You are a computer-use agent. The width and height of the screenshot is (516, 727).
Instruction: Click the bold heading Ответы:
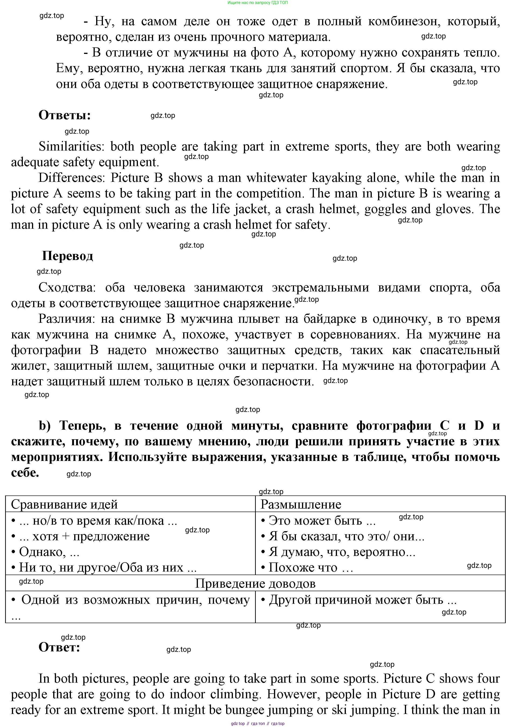(x=64, y=115)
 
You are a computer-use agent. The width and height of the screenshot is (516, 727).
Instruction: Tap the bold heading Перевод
(x=67, y=256)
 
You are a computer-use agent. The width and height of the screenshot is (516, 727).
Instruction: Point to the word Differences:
(x=71, y=178)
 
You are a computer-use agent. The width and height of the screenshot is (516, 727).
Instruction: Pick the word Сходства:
(x=67, y=287)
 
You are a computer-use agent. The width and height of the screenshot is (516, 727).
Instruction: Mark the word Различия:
(x=67, y=319)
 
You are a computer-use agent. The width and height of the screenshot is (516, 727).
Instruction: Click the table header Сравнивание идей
(x=64, y=504)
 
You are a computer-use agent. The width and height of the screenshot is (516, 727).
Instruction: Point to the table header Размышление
(x=301, y=504)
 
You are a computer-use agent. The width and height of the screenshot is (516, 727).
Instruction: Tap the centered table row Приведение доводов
(x=255, y=583)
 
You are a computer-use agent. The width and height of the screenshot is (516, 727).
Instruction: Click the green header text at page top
(x=258, y=3)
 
